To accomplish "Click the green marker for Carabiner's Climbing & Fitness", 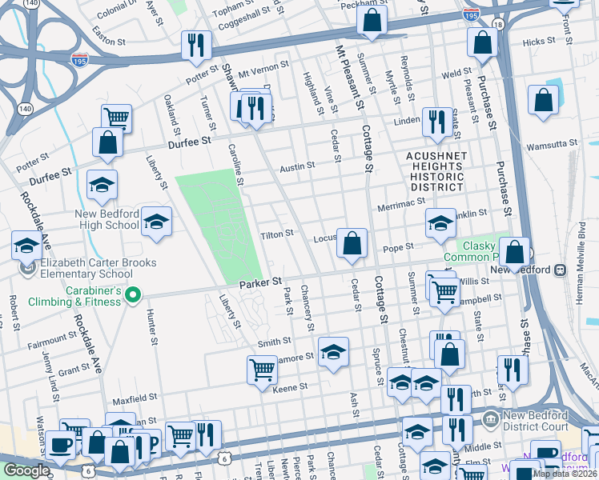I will pyautogui.click(x=133, y=297).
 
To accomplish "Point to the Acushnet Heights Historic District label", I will pyautogui.click(x=435, y=171).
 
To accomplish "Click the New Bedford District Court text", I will pyautogui.click(x=535, y=422).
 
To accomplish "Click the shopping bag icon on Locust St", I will pyautogui.click(x=352, y=243).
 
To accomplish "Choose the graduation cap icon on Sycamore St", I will pyautogui.click(x=333, y=351).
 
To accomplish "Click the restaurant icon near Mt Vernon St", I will pyautogui.click(x=196, y=45).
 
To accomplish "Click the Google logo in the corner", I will pyautogui.click(x=26, y=470).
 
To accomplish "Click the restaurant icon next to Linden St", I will pyautogui.click(x=436, y=122).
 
